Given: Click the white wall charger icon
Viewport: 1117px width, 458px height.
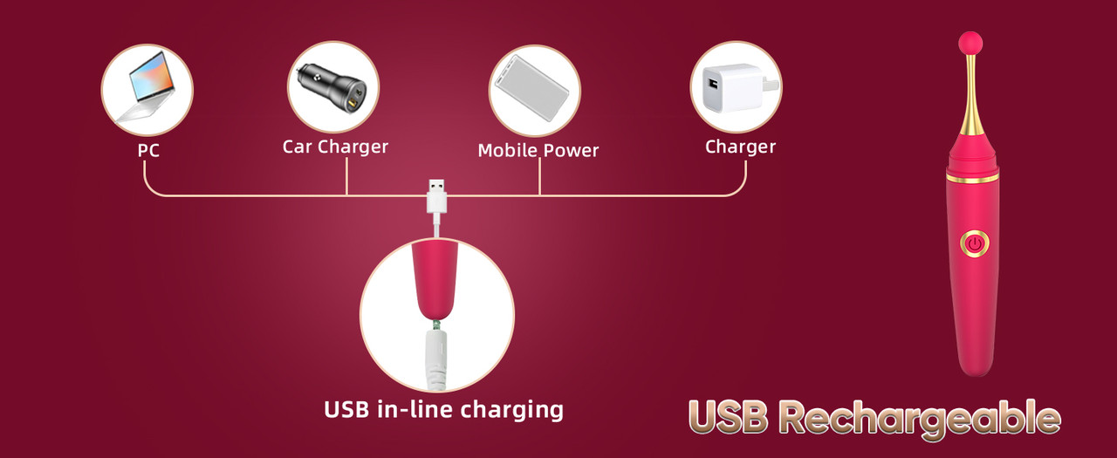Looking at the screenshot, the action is click(x=736, y=88).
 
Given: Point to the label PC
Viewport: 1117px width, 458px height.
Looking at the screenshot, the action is click(x=148, y=151).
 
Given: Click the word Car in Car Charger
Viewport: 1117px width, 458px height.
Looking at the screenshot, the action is click(x=298, y=146).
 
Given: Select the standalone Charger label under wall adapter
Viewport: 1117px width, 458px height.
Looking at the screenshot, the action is click(x=740, y=147).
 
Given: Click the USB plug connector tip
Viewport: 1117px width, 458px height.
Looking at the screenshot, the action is click(x=436, y=188).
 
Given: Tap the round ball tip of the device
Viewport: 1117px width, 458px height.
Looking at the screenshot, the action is click(x=971, y=42).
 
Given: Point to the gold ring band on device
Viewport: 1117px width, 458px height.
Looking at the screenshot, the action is click(x=972, y=178).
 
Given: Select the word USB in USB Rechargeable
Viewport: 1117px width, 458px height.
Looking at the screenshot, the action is click(x=728, y=419).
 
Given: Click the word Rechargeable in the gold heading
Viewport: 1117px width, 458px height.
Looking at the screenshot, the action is click(x=918, y=419).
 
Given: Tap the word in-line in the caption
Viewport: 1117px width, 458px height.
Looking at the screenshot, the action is click(x=405, y=409).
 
